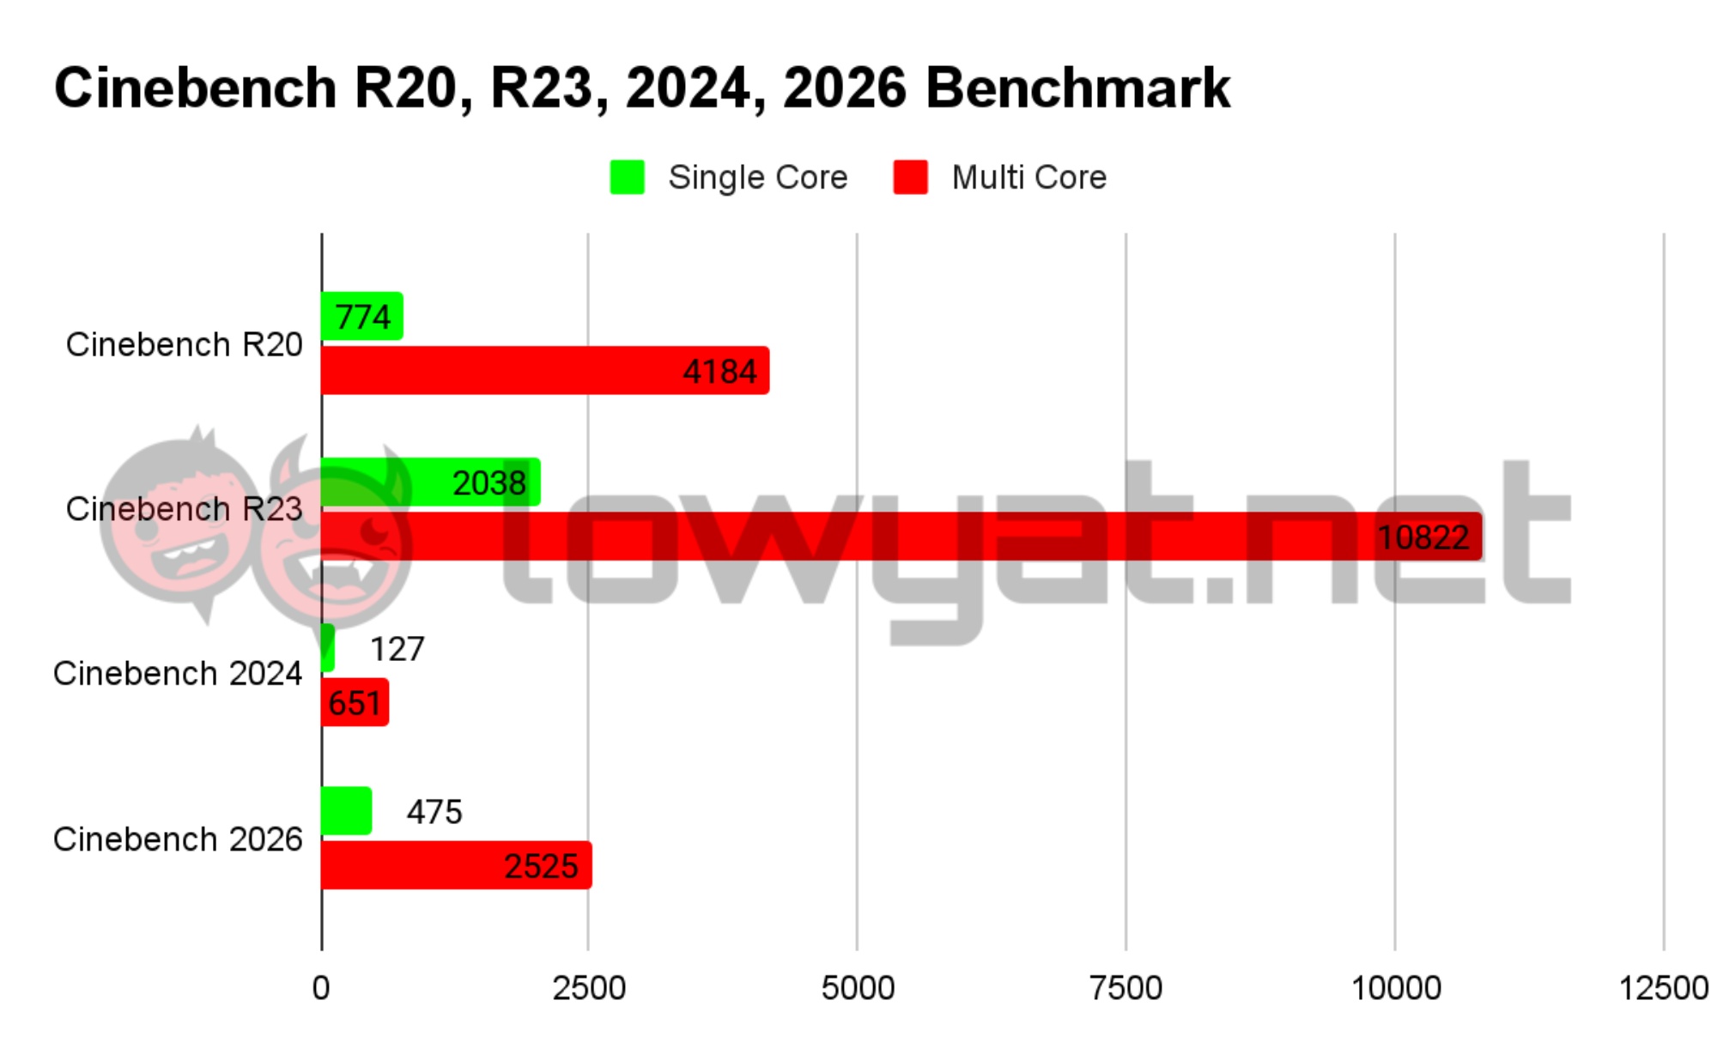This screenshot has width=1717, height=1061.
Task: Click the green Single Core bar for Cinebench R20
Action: tap(361, 316)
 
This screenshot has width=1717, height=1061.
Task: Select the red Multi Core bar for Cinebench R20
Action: tap(544, 371)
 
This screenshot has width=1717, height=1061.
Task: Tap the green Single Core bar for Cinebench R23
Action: tap(430, 482)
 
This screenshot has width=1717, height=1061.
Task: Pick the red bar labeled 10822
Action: tap(901, 537)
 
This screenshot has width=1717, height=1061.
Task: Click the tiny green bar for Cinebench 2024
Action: tap(327, 648)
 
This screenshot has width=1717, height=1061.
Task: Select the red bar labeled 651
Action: tap(355, 702)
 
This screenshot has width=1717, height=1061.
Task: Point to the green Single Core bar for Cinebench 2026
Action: tap(346, 810)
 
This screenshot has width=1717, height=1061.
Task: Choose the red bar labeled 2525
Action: tap(456, 865)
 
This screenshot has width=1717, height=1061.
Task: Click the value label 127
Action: tap(397, 649)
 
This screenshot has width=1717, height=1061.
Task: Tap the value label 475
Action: tap(434, 812)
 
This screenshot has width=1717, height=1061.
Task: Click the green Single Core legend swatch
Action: tap(627, 178)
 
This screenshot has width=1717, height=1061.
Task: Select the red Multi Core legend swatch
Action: tap(910, 178)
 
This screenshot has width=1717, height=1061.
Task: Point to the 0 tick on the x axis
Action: tap(321, 988)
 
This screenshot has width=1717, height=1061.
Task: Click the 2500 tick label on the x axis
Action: tap(589, 988)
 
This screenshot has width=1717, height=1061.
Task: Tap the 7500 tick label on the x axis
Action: tap(1125, 988)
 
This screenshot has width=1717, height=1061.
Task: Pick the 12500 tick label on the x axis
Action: tap(1663, 988)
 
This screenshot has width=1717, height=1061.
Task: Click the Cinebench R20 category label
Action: tap(184, 344)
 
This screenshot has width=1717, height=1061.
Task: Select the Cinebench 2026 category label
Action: tap(178, 840)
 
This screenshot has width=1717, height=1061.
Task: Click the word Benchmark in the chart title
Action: tap(1077, 88)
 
